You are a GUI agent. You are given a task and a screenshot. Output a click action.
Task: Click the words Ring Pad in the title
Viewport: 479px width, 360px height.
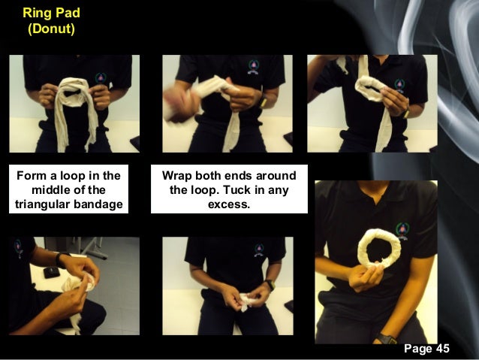(x=49, y=14)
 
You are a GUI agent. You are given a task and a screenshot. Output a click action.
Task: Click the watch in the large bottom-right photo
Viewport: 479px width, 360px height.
(x=387, y=339)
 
